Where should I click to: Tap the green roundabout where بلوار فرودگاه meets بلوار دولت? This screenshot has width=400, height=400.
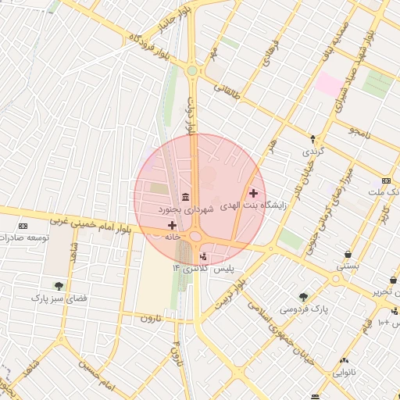pyautogui.click(x=191, y=71)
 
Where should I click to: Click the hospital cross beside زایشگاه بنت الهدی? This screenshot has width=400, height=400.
pyautogui.click(x=253, y=193)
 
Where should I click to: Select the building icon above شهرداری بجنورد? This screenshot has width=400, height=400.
pyautogui.click(x=184, y=196)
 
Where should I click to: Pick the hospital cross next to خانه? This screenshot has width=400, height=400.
pyautogui.click(x=172, y=225)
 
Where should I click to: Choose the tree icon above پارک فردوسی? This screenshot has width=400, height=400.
pyautogui.click(x=303, y=297)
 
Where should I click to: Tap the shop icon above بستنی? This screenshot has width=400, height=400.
pyautogui.click(x=347, y=254)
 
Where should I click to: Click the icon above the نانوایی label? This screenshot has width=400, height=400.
pyautogui.click(x=344, y=360)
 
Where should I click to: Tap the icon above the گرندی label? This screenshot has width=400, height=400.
pyautogui.click(x=313, y=137)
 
